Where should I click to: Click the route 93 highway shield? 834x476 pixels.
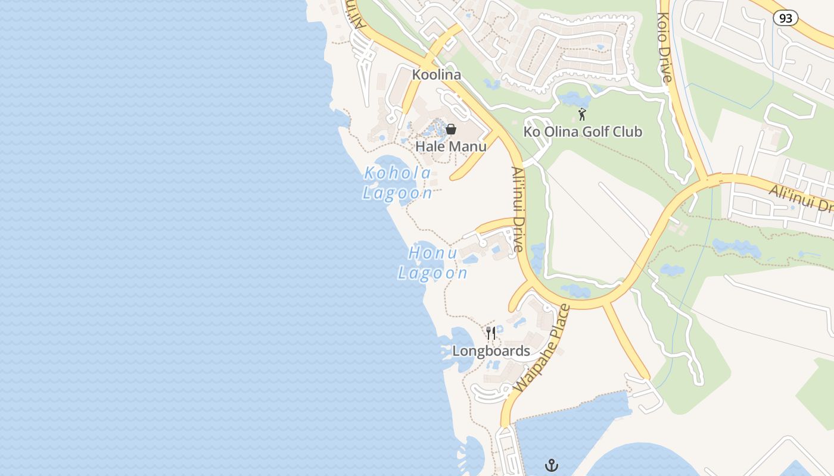tap(786, 18)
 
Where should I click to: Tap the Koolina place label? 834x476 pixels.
tap(437, 75)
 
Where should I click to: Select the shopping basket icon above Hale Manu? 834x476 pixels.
tap(451, 129)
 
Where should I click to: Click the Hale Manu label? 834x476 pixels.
tap(451, 146)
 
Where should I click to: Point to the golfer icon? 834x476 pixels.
tap(582, 114)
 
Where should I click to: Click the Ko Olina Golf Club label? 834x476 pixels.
tap(583, 131)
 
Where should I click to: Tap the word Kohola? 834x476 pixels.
tap(397, 173)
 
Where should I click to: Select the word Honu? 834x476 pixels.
tap(432, 253)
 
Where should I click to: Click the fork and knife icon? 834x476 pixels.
tap(491, 333)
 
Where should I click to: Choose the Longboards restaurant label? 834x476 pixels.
tap(491, 351)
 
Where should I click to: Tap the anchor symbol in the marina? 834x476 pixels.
tap(552, 465)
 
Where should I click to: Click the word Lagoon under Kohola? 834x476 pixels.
tap(397, 193)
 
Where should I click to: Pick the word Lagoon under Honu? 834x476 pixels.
tap(432, 273)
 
